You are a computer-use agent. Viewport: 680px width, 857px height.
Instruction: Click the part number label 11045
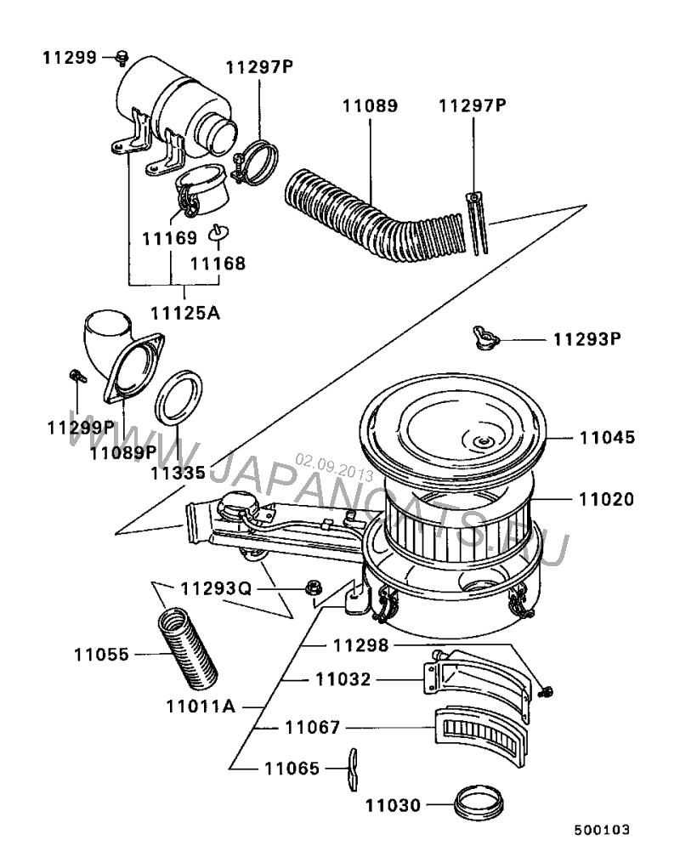[x=607, y=437]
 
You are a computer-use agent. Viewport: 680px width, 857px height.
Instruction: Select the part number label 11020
[x=607, y=499]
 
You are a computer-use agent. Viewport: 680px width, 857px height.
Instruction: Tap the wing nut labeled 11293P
[x=486, y=338]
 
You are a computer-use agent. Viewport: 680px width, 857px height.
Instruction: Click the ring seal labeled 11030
[x=479, y=803]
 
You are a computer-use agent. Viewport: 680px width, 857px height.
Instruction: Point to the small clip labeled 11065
[x=353, y=769]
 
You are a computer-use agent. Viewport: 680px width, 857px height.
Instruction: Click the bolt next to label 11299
[x=122, y=58]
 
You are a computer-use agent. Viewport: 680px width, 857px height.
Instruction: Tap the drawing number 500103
[x=602, y=830]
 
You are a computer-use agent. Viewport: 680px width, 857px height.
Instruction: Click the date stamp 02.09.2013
[x=334, y=468]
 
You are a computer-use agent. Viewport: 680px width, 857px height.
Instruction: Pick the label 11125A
[x=185, y=313]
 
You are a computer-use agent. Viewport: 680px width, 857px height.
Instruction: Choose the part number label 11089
[x=370, y=105]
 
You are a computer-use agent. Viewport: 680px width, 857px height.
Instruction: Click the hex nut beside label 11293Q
[x=314, y=588]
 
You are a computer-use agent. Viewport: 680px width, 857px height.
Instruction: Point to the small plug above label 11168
[x=218, y=233]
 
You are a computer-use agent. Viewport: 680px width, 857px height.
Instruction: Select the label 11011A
[x=201, y=707]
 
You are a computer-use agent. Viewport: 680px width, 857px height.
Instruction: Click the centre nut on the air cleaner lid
[x=483, y=441]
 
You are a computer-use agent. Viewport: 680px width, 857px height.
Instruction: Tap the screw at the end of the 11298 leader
[x=545, y=692]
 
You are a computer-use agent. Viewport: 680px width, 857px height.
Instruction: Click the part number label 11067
[x=313, y=728]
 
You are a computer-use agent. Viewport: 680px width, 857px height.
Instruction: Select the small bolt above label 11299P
[x=77, y=376]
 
